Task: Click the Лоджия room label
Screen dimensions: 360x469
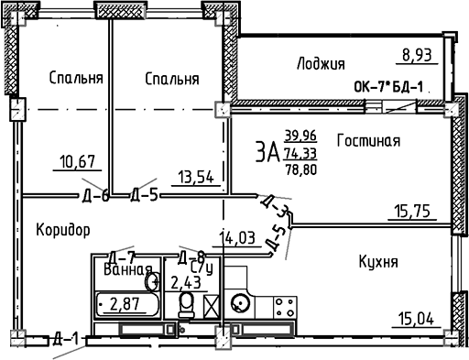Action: pyautogui.click(x=321, y=63)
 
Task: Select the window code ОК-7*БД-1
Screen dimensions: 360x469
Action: pyautogui.click(x=389, y=88)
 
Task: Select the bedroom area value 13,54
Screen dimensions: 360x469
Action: pyautogui.click(x=196, y=175)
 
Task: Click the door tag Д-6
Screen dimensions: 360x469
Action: pyautogui.click(x=93, y=194)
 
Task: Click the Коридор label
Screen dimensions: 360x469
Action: pyautogui.click(x=64, y=229)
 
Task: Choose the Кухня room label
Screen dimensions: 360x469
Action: pyautogui.click(x=377, y=262)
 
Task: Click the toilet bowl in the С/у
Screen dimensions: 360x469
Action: pyautogui.click(x=187, y=303)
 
